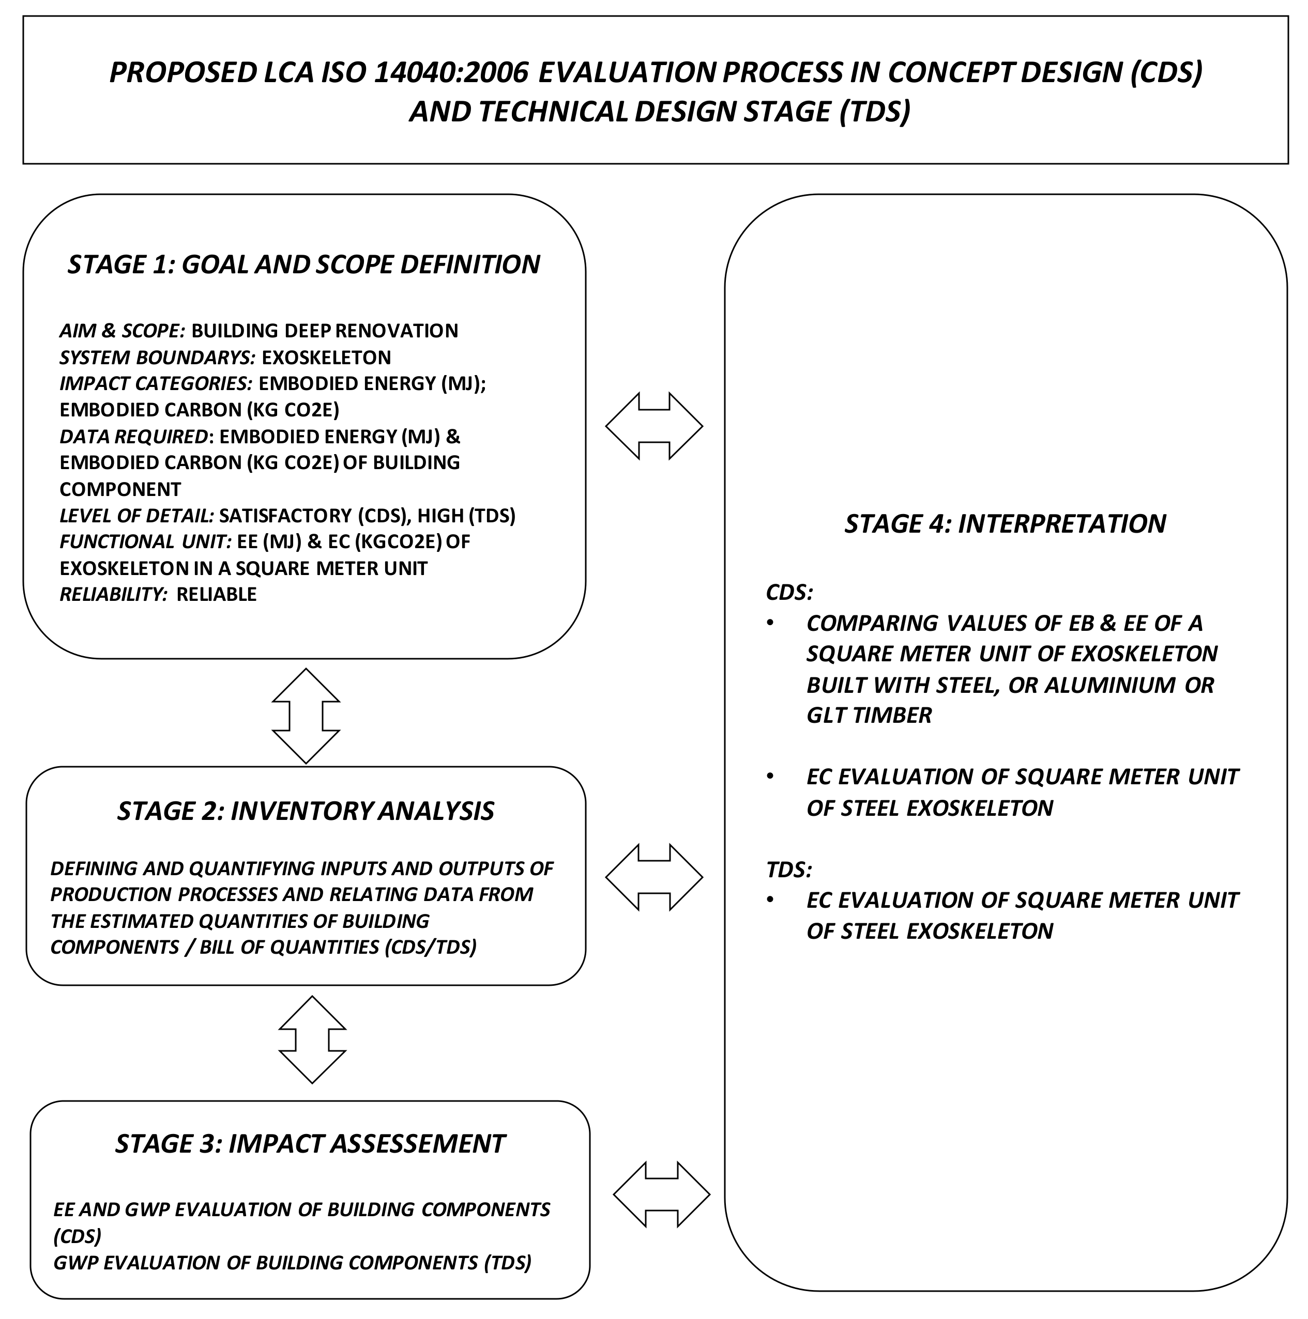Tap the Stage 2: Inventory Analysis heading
(x=306, y=811)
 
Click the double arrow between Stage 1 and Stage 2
(x=306, y=716)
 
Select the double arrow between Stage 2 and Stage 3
(x=312, y=1040)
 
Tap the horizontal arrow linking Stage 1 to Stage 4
(x=653, y=426)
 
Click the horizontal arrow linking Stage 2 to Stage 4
(x=653, y=877)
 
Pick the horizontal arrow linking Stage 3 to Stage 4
(x=661, y=1194)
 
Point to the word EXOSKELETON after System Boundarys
(x=327, y=358)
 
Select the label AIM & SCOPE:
(x=122, y=331)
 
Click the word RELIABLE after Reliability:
(x=217, y=595)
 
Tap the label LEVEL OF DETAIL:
(x=136, y=516)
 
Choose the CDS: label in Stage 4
(x=789, y=592)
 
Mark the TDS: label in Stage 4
(x=789, y=870)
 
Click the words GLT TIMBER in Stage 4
(x=869, y=716)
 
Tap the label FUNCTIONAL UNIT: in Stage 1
(x=145, y=542)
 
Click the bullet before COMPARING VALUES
(x=770, y=623)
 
